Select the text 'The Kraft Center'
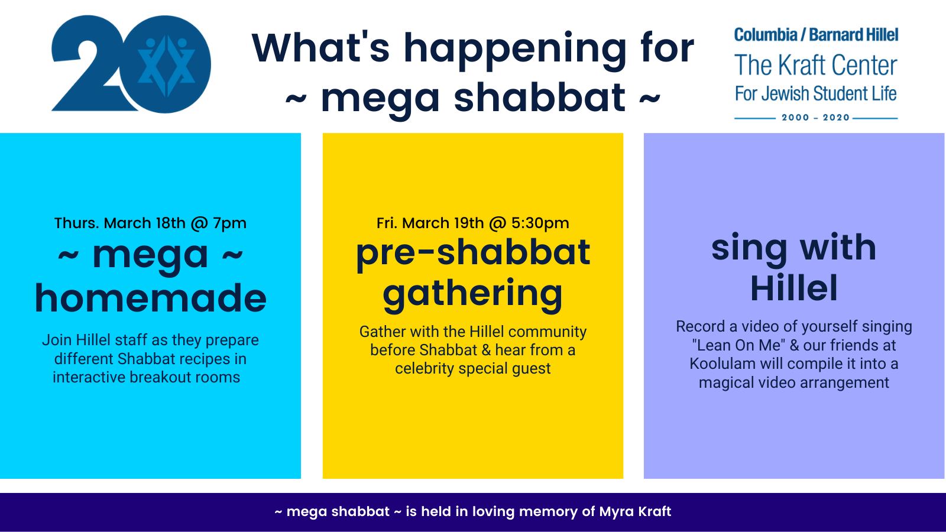coord(816,66)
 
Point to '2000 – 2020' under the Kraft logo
coord(816,118)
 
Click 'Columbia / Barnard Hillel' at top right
coord(816,35)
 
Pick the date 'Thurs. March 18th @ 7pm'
coord(150,223)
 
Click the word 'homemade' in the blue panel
coord(150,298)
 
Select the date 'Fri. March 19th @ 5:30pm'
coord(472,223)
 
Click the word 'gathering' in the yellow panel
coord(472,294)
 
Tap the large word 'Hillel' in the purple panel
coord(794,288)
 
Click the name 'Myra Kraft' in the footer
coord(635,511)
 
